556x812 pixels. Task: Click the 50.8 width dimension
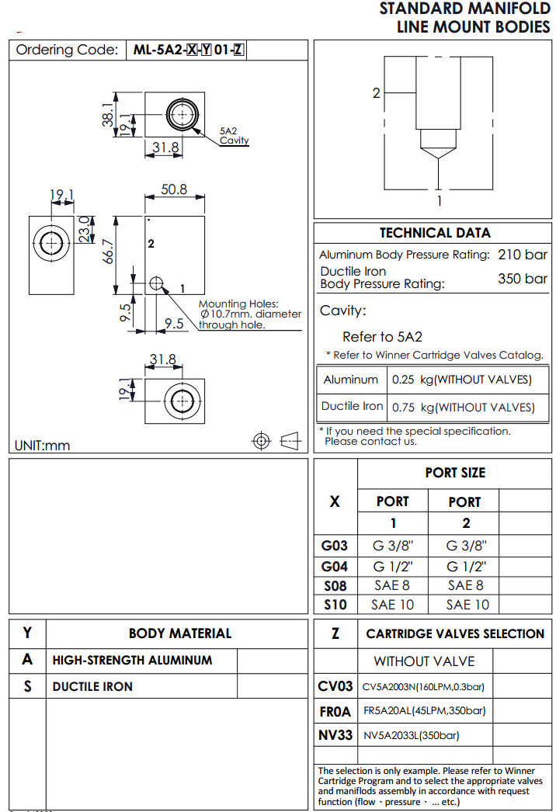[175, 189]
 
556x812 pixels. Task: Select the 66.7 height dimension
[109, 251]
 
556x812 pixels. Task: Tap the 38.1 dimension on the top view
[108, 114]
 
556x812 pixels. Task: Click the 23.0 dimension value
[85, 229]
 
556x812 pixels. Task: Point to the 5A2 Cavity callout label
[234, 136]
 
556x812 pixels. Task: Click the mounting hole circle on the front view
[157, 283]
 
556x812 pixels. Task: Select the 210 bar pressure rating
[522, 255]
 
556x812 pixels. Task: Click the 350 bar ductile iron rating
[522, 279]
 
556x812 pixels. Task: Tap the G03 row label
[335, 546]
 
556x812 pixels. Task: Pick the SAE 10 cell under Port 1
[392, 604]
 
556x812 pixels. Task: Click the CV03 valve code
[335, 686]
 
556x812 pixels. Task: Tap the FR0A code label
[335, 710]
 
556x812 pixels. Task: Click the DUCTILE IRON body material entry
[92, 686]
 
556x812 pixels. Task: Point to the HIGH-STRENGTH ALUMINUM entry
[132, 660]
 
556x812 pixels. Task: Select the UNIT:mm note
[42, 446]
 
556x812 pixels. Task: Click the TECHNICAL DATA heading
[435, 233]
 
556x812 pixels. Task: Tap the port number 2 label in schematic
[377, 93]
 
